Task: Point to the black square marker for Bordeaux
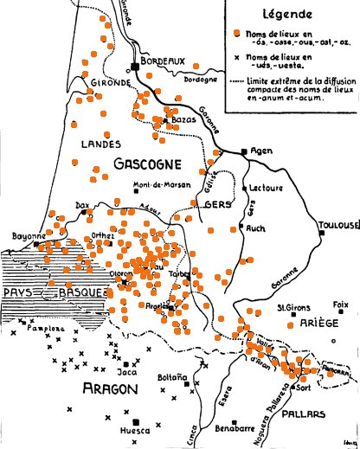tap(137, 67)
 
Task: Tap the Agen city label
tap(260, 151)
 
